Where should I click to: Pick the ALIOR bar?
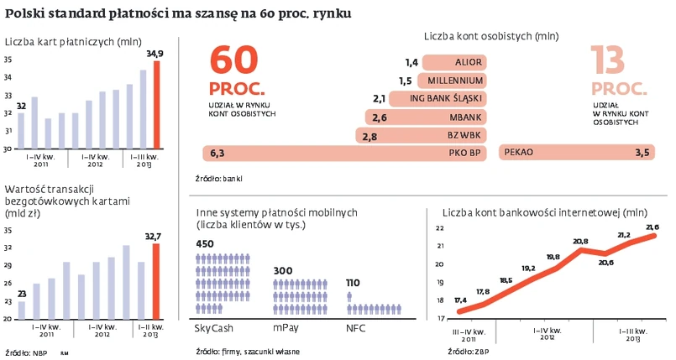click(454, 62)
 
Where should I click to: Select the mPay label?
click(286, 329)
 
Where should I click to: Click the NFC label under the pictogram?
click(356, 329)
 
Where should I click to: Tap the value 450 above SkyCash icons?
click(204, 244)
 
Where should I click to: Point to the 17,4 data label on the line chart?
click(460, 300)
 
